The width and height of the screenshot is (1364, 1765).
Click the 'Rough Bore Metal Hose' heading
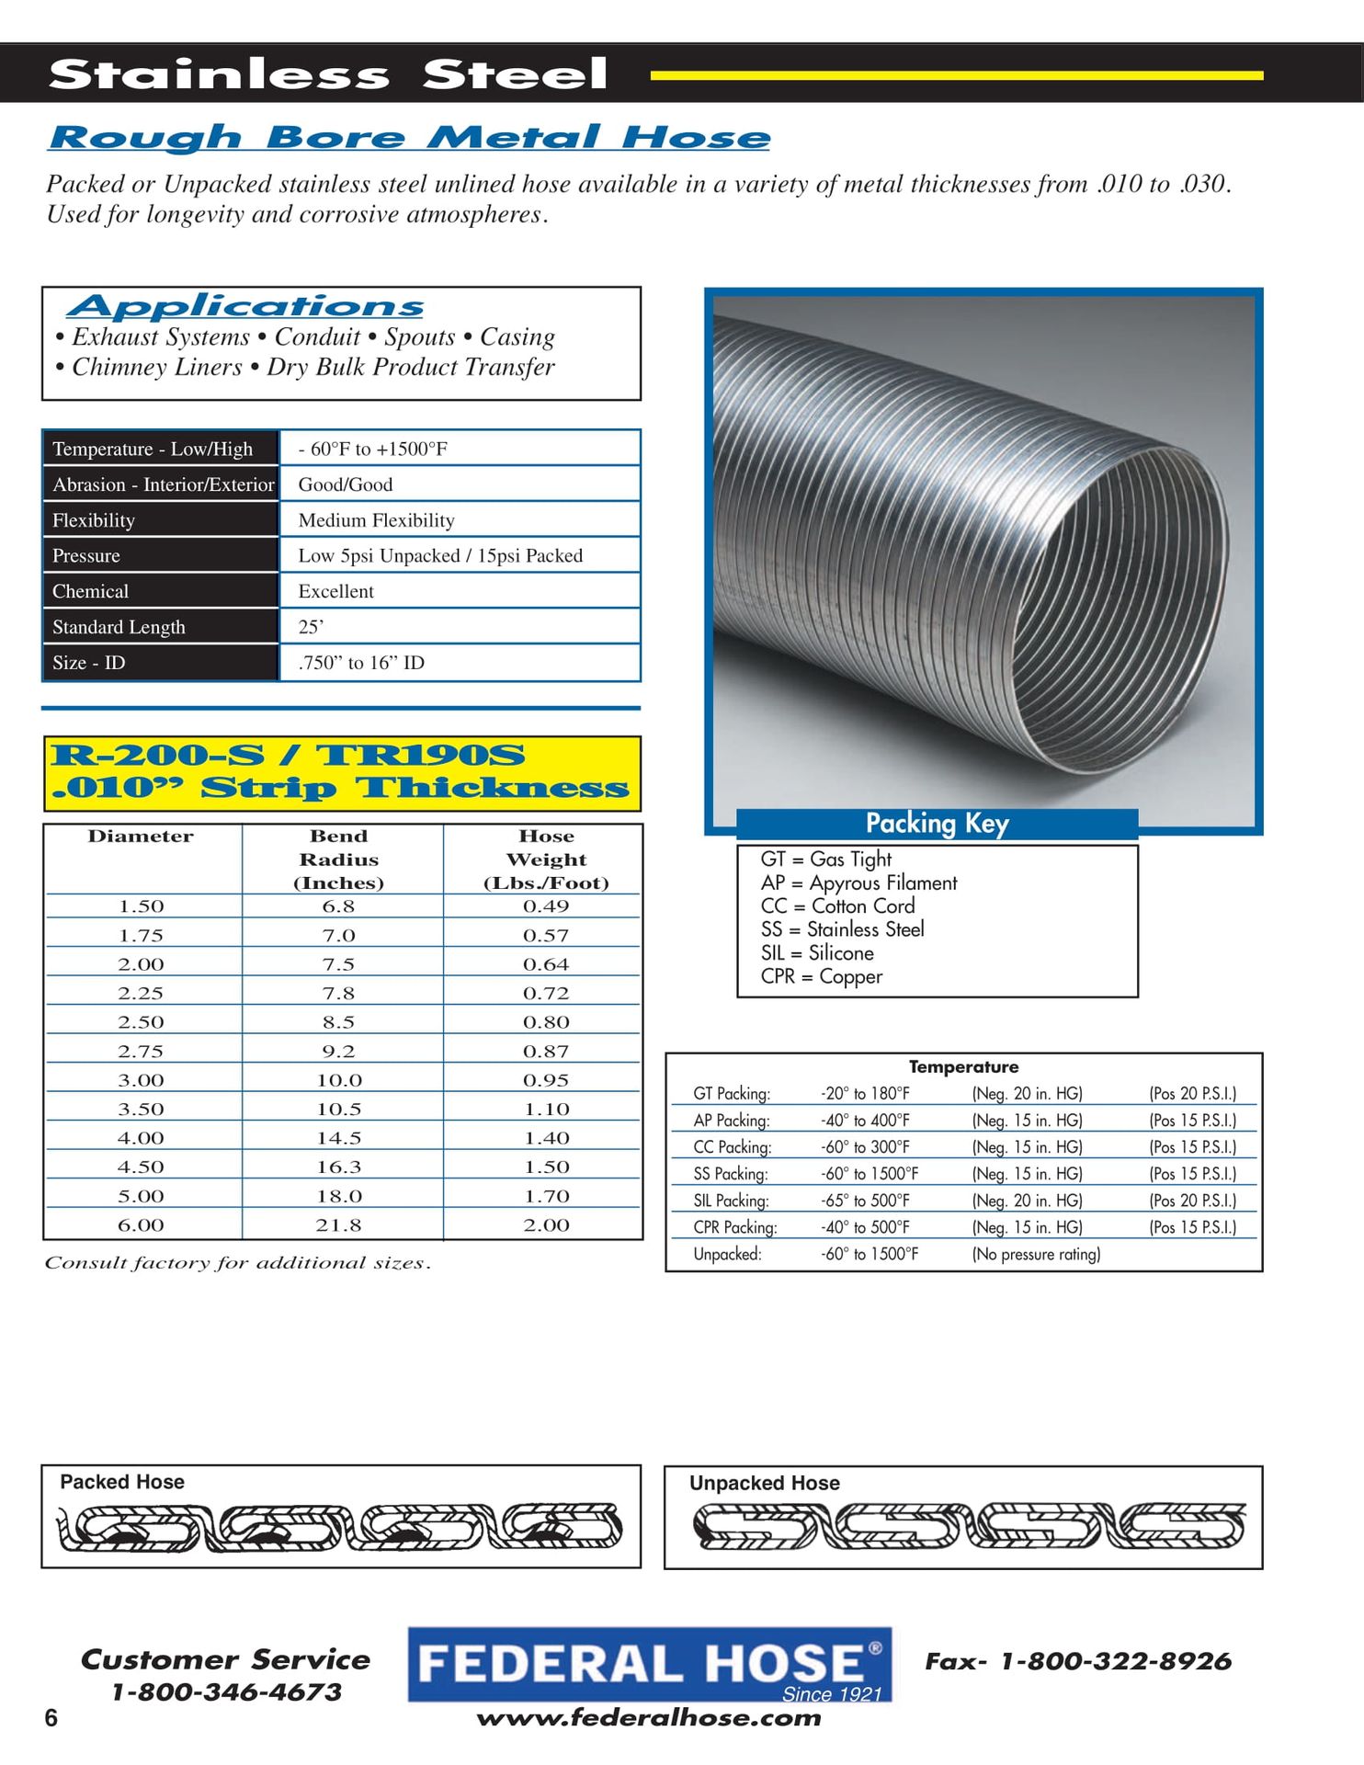409,138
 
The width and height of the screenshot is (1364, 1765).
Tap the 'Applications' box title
245,306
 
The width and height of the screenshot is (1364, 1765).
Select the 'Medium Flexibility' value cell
376,520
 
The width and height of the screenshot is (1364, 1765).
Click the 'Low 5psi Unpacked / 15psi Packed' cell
440,556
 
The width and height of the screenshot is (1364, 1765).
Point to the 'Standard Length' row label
119,627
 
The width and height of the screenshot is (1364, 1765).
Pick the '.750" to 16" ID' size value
361,663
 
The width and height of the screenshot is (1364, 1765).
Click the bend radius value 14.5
339,1138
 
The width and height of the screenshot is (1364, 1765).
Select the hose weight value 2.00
546,1225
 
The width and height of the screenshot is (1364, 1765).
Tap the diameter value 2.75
141,1052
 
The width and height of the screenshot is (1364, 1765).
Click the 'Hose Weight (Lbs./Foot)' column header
546,860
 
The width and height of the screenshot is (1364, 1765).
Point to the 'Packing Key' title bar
937,824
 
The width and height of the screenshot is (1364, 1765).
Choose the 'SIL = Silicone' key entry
817,953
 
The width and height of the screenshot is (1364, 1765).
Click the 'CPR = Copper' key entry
821,977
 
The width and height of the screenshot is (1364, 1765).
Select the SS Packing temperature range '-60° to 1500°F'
870,1174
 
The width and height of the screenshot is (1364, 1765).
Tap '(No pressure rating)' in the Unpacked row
1036,1254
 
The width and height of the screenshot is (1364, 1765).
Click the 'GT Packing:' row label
732,1094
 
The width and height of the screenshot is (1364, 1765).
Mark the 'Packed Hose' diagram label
122,1482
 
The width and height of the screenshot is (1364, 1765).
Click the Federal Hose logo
649,1665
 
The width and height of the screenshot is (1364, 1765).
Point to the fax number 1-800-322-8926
1115,1661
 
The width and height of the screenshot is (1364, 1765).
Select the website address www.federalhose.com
649,1718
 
